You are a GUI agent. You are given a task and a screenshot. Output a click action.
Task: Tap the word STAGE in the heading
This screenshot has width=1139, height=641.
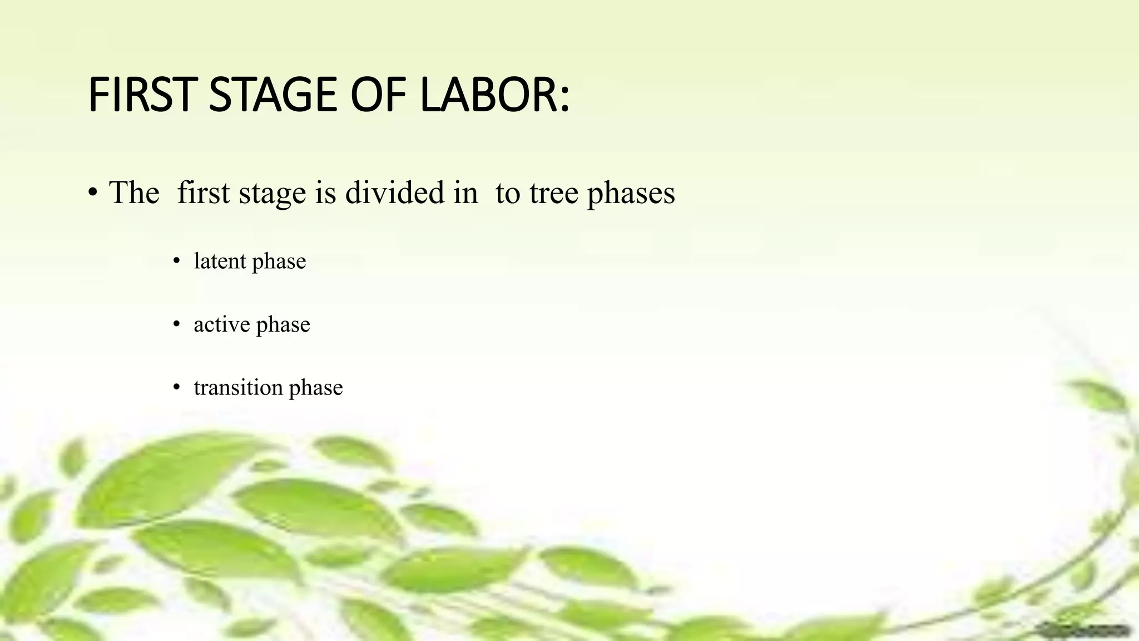273,95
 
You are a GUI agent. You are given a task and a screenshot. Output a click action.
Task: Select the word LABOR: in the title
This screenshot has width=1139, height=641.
494,95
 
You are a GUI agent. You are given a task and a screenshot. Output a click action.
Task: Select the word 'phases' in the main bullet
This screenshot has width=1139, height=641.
631,194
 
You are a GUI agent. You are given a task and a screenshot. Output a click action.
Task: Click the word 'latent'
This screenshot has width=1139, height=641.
220,260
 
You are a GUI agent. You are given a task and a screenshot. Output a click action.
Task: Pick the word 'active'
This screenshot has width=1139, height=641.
221,324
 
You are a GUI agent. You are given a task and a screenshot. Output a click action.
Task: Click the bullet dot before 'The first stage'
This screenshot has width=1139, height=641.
93,193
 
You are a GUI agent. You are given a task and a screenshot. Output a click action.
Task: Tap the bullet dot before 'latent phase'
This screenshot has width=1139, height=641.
177,261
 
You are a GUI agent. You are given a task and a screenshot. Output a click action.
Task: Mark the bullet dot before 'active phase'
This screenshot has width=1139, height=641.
177,324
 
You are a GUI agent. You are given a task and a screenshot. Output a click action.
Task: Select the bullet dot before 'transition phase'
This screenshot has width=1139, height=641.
177,387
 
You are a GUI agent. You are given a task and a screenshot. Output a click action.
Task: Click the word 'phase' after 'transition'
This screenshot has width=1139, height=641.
316,388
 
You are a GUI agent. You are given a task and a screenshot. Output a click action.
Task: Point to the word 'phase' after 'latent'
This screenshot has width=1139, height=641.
279,262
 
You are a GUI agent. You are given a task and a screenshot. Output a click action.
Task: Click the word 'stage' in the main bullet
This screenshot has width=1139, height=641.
273,194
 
